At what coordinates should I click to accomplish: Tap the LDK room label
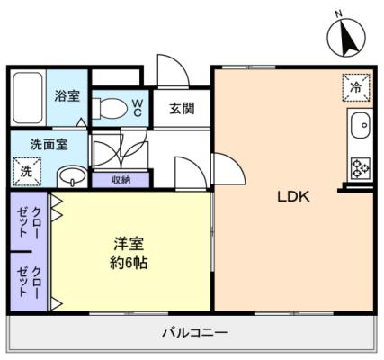tap(293, 197)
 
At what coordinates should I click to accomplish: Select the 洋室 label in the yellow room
tap(129, 244)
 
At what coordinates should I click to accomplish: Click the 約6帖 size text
tap(129, 263)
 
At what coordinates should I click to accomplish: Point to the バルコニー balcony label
tap(195, 332)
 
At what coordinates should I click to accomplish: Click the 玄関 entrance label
tap(182, 108)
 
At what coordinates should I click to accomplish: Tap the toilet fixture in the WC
tap(109, 109)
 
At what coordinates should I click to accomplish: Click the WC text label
tap(138, 108)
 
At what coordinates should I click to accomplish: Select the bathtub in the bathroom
tap(28, 97)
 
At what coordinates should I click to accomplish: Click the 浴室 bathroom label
tap(67, 95)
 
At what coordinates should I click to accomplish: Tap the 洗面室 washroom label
tap(49, 144)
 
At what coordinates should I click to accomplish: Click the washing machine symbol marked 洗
tap(26, 172)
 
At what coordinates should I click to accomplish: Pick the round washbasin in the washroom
tap(72, 177)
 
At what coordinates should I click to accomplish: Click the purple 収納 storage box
tap(121, 180)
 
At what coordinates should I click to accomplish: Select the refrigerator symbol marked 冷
tap(356, 87)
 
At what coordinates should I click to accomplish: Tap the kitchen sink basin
tap(361, 125)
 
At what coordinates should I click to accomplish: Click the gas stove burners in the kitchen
tap(361, 167)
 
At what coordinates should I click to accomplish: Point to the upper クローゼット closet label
tap(29, 221)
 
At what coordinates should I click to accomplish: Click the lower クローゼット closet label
tap(29, 282)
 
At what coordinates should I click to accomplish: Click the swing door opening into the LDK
tap(228, 168)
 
